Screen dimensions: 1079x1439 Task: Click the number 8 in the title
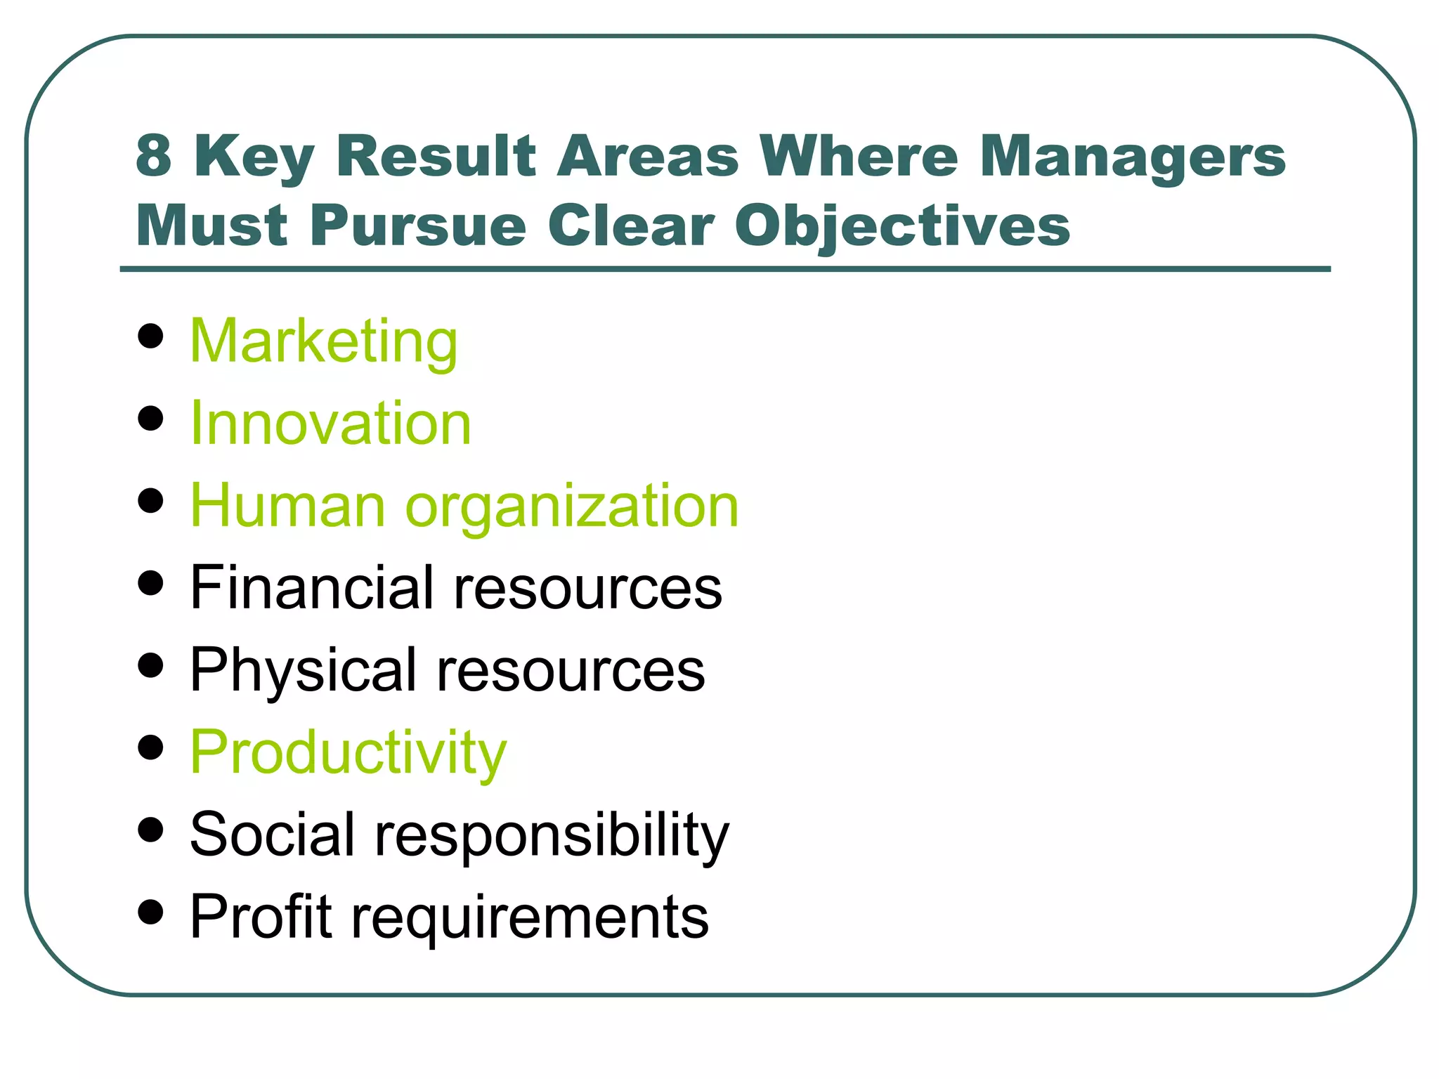click(154, 156)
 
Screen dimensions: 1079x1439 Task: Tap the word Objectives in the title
click(902, 226)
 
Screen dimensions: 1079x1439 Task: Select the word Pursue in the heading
click(418, 226)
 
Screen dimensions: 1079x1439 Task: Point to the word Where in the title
click(858, 156)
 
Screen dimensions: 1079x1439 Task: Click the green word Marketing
click(323, 341)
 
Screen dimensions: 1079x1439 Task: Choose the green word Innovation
click(330, 424)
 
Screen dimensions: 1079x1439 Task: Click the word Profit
click(261, 916)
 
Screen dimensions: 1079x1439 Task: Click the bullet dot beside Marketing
click(151, 336)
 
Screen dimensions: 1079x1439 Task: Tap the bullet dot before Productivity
click(151, 747)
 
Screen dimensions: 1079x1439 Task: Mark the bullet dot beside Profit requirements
click(151, 912)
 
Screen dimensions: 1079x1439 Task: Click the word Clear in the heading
click(630, 226)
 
